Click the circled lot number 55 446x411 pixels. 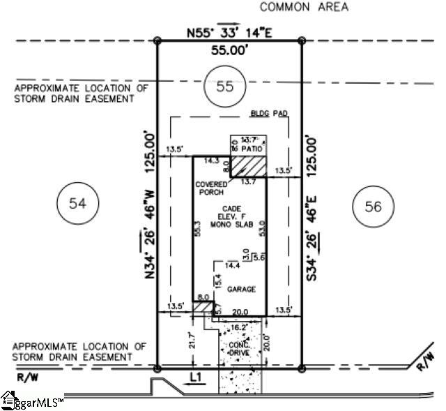tap(224, 87)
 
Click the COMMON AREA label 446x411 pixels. tap(303, 8)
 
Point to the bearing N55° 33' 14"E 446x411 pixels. tap(229, 32)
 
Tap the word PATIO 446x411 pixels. tap(252, 149)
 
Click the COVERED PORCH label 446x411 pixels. tap(212, 188)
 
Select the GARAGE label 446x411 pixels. tap(241, 289)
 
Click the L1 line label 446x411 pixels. tap(198, 377)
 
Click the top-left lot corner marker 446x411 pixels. tap(157, 41)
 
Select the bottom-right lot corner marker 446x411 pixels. tap(302, 368)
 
